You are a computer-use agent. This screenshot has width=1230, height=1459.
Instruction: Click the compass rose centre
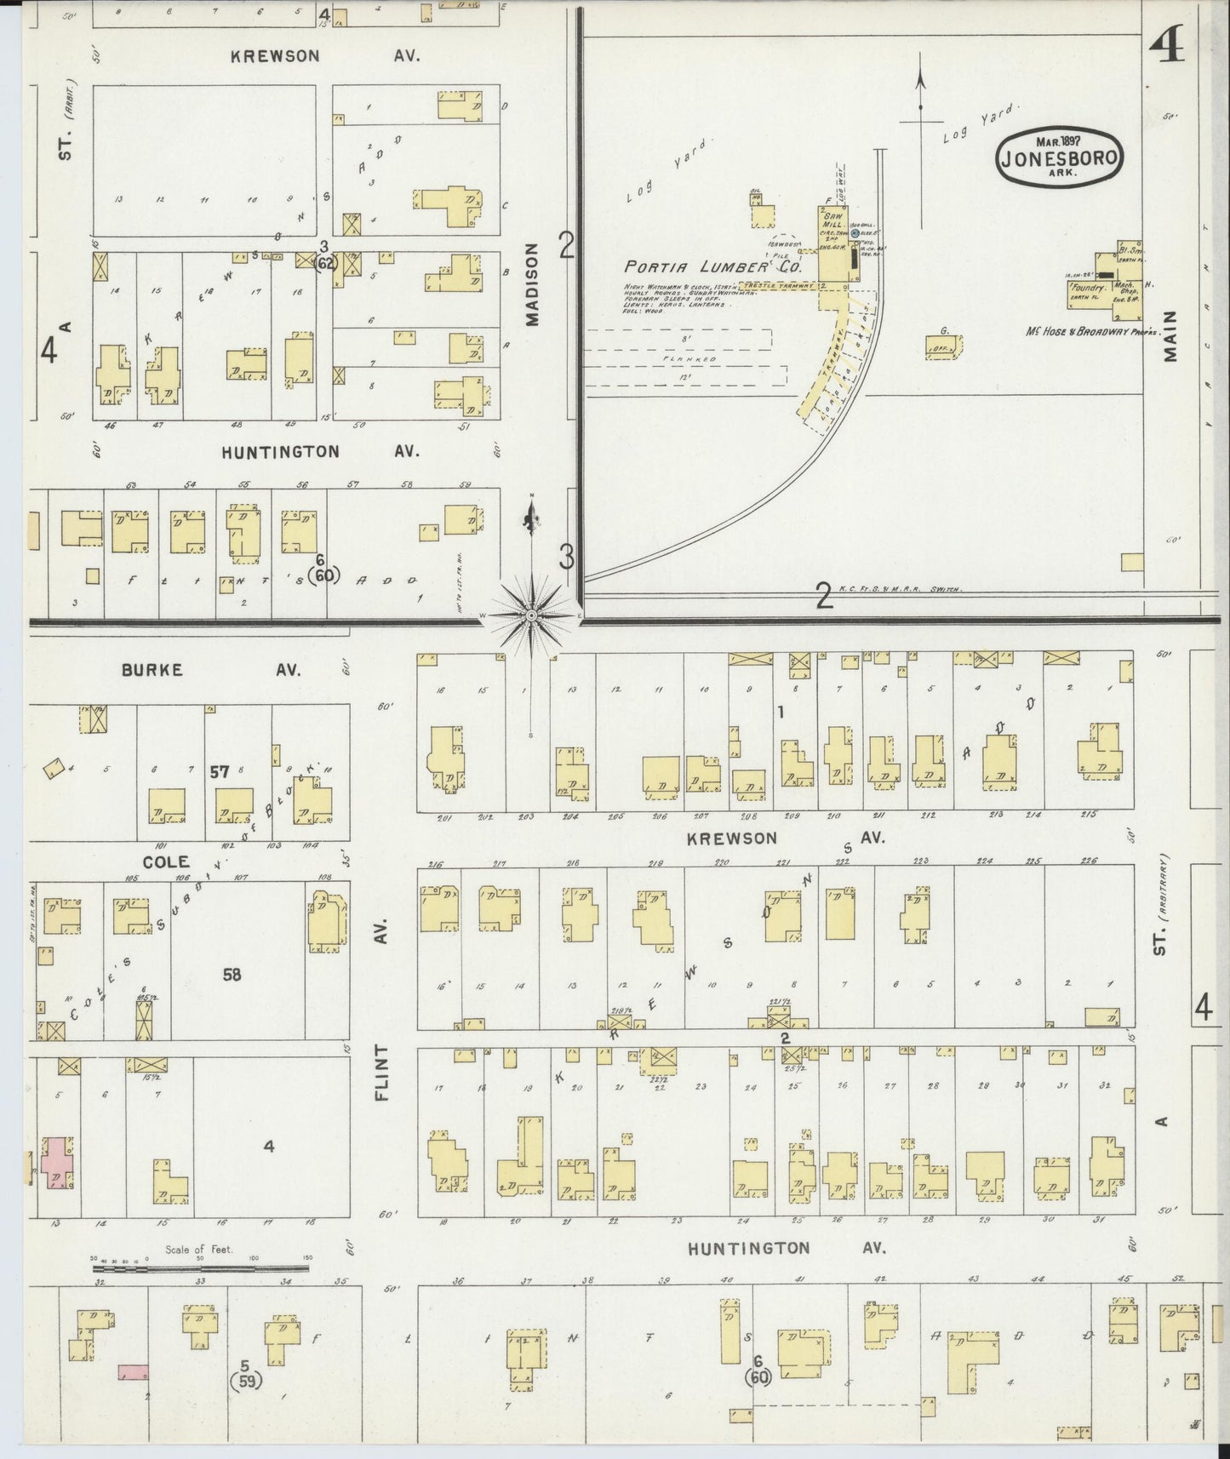[x=532, y=614]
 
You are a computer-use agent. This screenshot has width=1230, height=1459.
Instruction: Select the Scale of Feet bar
[x=200, y=1267]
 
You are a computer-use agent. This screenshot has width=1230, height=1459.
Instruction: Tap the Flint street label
[x=380, y=1073]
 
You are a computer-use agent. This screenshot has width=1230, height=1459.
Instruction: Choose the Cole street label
[x=166, y=861]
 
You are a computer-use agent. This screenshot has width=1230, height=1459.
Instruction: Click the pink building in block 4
[x=55, y=1163]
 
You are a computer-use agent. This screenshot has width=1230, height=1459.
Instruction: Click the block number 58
[x=232, y=975]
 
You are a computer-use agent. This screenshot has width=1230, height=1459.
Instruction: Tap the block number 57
[x=220, y=772]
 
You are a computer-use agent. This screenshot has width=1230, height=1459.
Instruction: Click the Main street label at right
[x=1172, y=336]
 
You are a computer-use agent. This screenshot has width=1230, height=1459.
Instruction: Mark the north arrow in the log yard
[x=920, y=94]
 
